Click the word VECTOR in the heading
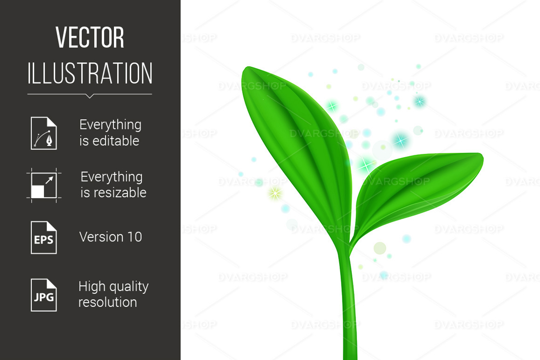90,37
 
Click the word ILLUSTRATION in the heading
90,73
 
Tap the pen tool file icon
44,133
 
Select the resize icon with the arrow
44,185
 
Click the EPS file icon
44,238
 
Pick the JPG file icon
44,295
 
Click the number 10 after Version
135,237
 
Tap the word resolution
108,302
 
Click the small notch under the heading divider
90,96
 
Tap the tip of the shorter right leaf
482,156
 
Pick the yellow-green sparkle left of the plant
275,193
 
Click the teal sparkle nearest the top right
419,102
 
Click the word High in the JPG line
92,287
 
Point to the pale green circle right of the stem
380,248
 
